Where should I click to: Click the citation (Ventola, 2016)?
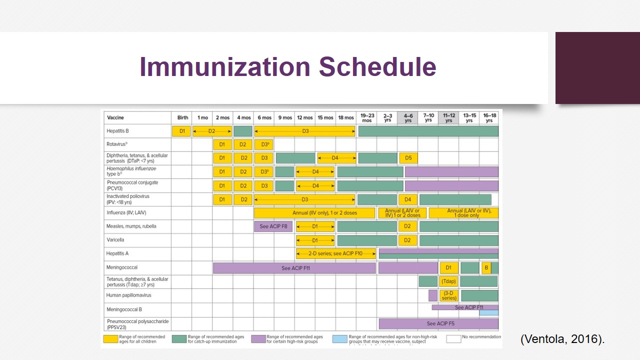click(x=562, y=339)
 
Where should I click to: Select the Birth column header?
click(x=182, y=117)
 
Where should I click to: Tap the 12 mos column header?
click(x=304, y=117)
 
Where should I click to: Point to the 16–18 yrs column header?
click(x=488, y=117)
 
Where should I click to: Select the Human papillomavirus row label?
click(x=128, y=295)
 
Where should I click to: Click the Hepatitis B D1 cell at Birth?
click(x=182, y=131)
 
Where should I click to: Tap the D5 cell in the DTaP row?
click(x=408, y=158)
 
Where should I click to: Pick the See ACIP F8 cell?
click(x=273, y=226)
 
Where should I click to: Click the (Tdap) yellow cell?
click(x=448, y=281)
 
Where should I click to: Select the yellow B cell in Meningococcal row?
click(x=486, y=267)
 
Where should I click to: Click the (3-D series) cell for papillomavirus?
click(x=448, y=295)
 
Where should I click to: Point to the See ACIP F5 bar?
click(x=440, y=323)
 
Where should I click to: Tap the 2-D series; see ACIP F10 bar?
click(x=335, y=253)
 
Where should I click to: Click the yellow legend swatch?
click(x=110, y=338)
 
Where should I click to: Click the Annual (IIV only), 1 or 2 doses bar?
click(x=314, y=212)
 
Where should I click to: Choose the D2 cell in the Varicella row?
click(x=407, y=240)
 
